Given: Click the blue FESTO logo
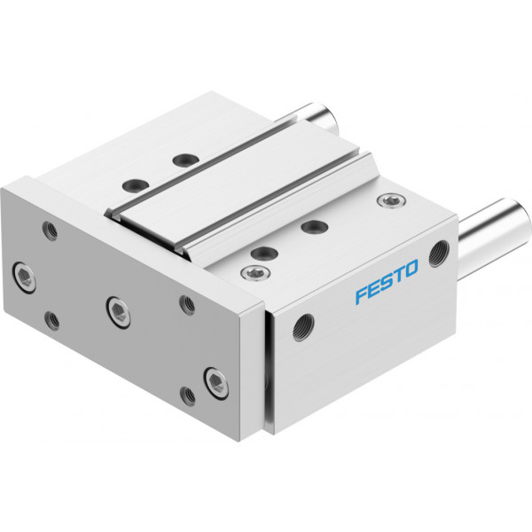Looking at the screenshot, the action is coord(387,281).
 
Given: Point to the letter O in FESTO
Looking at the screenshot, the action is coord(411,269).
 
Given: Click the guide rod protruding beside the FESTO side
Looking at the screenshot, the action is coord(495,230).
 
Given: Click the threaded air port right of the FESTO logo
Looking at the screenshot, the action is coord(440,254).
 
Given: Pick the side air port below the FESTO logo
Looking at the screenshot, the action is coord(303,327).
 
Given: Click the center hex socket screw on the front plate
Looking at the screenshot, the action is coord(119,312).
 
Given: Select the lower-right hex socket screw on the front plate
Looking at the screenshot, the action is coord(216,383).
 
